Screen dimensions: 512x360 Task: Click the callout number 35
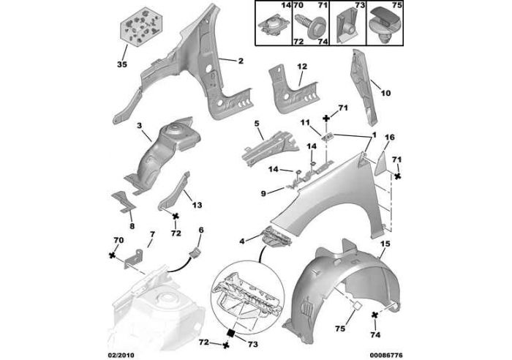tap(122, 64)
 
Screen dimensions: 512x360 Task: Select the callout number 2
tap(241, 61)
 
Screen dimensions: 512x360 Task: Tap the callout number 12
tap(302, 67)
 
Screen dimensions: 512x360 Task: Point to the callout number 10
tap(385, 94)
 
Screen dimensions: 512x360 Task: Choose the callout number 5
tap(256, 124)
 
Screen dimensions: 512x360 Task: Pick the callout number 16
tap(390, 138)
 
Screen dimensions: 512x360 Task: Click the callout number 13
tap(197, 205)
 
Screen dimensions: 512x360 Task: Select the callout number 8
tap(132, 226)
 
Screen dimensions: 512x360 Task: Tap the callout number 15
tap(385, 244)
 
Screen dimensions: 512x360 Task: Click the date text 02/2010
tap(121, 355)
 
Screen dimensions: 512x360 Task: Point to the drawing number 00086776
tap(386, 355)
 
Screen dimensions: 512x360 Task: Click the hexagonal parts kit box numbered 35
tap(141, 28)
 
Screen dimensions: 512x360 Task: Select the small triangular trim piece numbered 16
tap(380, 162)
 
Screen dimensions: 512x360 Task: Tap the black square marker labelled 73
tap(231, 332)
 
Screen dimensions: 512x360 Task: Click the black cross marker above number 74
tap(375, 315)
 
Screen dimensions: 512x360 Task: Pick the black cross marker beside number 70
tap(113, 255)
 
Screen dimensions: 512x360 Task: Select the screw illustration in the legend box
tap(311, 26)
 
